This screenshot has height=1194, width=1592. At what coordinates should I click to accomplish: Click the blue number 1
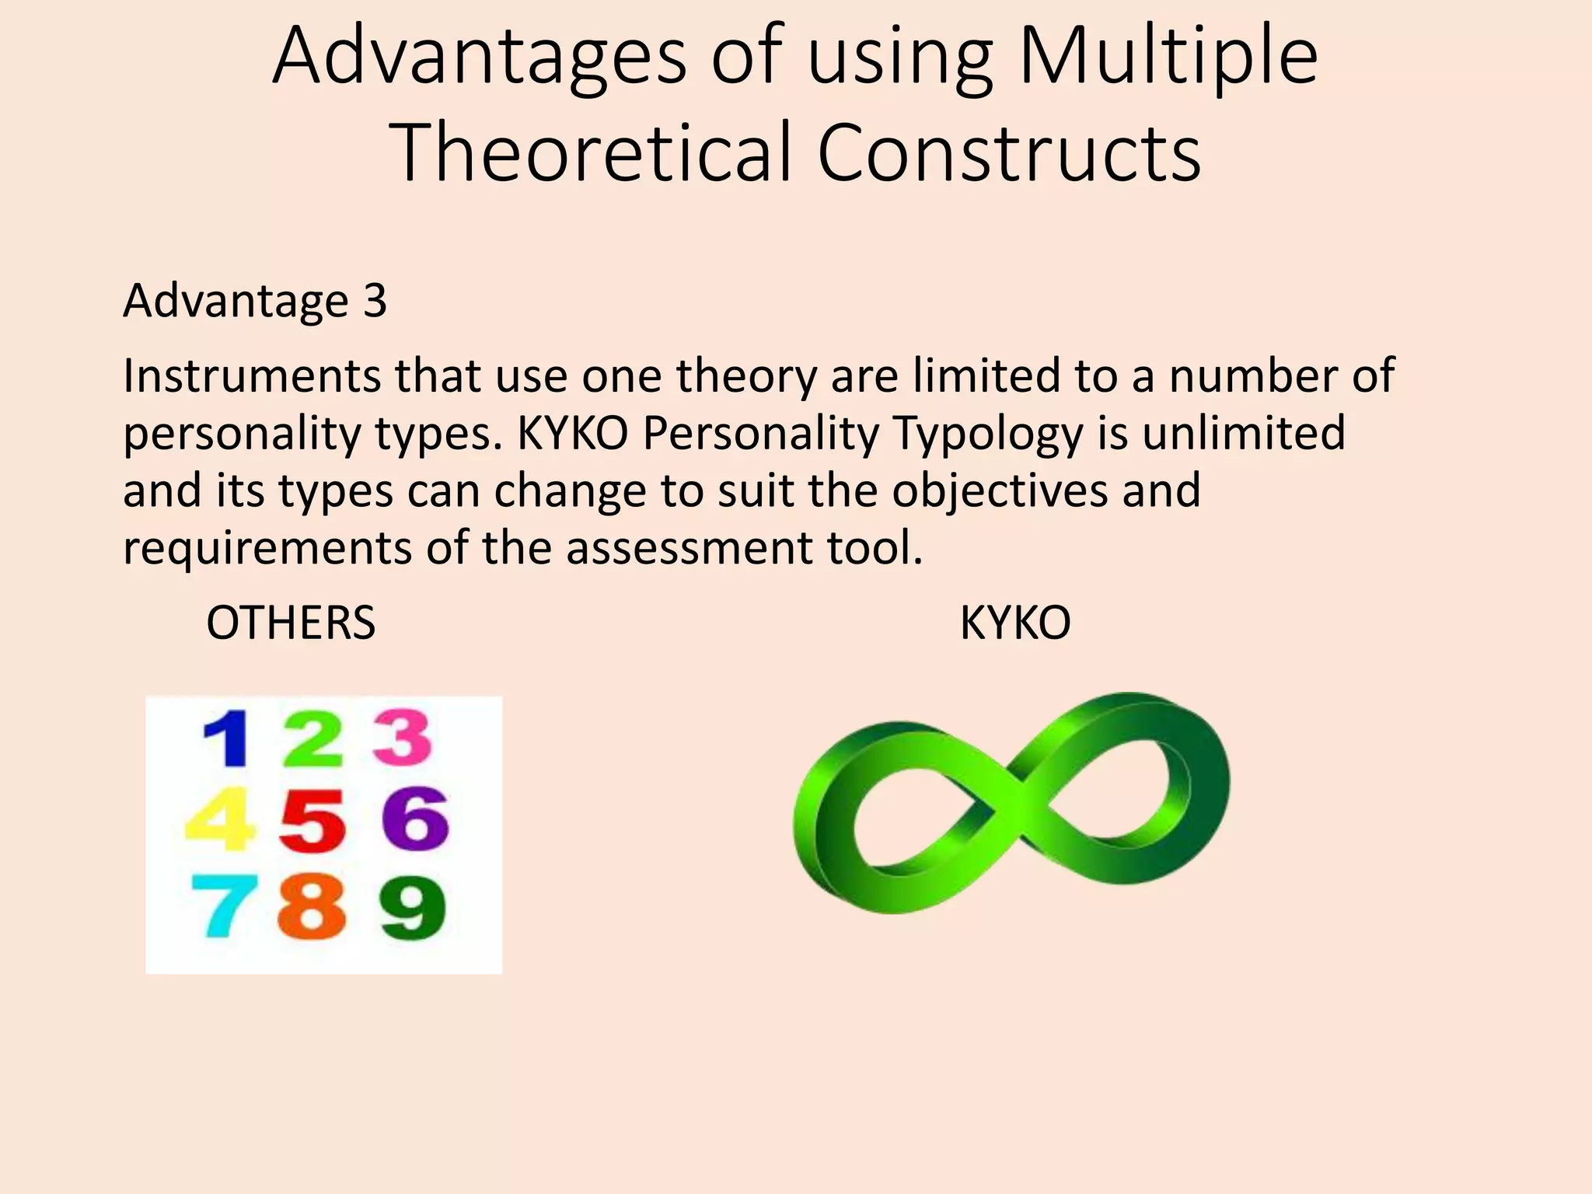click(228, 738)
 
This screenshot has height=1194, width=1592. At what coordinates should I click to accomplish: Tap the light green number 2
click(313, 738)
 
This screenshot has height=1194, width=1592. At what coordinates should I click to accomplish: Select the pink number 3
click(402, 737)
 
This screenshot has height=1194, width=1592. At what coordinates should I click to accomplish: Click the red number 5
click(312, 821)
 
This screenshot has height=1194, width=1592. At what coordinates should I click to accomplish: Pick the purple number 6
click(416, 818)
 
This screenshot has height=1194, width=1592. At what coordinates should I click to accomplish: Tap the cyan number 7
click(225, 906)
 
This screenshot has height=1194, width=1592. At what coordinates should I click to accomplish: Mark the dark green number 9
click(413, 907)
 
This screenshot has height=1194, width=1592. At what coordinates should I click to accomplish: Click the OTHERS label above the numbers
click(291, 623)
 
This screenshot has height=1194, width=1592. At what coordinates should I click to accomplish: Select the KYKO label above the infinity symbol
click(1015, 623)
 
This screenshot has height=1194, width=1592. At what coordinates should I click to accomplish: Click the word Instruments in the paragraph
click(252, 376)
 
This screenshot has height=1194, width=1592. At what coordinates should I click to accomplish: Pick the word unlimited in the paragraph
click(1243, 433)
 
